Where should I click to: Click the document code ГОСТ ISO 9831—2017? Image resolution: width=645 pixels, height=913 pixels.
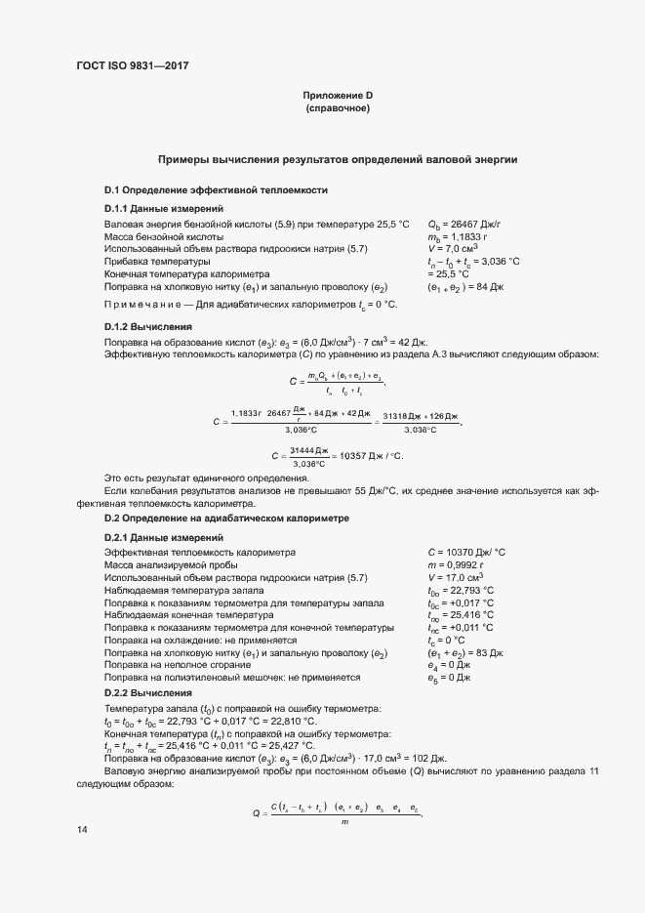(131, 66)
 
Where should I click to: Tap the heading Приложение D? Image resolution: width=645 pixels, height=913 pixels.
(339, 95)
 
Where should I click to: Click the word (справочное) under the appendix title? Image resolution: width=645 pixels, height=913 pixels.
(339, 108)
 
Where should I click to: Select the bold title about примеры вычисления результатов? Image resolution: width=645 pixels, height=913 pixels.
(338, 158)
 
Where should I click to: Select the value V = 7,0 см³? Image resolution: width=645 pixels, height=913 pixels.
(452, 249)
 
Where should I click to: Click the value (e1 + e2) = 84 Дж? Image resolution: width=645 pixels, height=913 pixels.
(464, 287)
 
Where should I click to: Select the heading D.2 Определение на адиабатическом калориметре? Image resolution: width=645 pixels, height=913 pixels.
(214, 517)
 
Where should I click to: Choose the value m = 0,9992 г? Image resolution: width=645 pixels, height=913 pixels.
(457, 564)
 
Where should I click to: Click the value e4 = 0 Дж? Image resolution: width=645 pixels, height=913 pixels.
(449, 664)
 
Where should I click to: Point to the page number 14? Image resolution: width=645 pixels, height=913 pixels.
(81, 830)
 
